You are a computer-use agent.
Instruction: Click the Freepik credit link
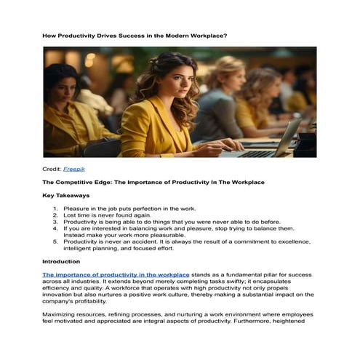(73, 168)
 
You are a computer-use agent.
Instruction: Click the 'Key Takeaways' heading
(66, 195)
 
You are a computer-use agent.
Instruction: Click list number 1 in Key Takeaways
(55, 208)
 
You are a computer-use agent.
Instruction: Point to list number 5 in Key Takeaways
(55, 241)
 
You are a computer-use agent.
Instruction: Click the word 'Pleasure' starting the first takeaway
(76, 208)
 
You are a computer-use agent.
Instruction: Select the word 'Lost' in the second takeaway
(70, 215)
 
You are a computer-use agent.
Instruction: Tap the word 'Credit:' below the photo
(52, 168)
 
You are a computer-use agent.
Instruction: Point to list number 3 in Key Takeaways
(55, 221)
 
